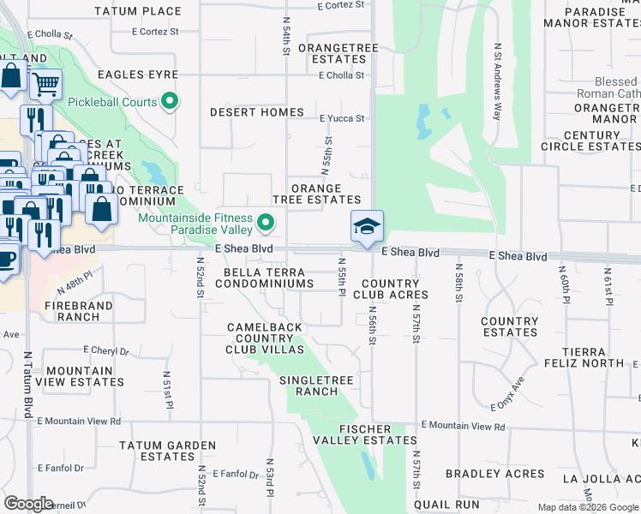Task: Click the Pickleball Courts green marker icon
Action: tap(170, 102)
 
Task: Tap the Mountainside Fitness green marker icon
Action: tap(266, 224)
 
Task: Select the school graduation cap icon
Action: tap(367, 227)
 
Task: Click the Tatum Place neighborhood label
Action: tap(150, 11)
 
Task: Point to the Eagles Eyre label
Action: tap(137, 75)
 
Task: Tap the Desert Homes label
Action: tap(257, 112)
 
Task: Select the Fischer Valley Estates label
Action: tap(353, 434)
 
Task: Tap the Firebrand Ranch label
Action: tap(72, 310)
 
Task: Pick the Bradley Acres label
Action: tap(495, 474)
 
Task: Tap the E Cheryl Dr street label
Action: tap(106, 351)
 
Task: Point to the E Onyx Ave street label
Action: tap(506, 394)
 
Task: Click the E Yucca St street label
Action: tap(342, 119)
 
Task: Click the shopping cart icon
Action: tap(45, 84)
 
